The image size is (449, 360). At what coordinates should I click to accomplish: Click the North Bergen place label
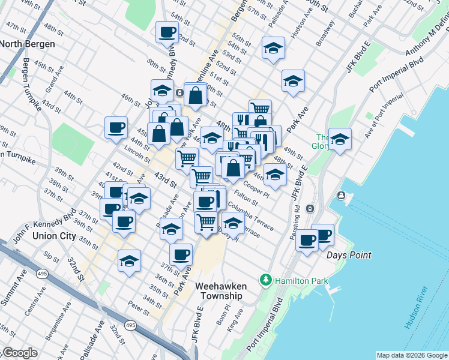click(28, 44)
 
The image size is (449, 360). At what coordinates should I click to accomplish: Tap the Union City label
click(55, 236)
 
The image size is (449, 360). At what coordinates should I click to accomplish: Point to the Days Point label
click(349, 255)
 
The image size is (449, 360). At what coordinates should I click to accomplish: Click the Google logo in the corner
click(19, 353)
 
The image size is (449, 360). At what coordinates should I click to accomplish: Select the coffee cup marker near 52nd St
click(167, 32)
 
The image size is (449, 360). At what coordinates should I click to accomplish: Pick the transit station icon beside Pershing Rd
click(310, 209)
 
